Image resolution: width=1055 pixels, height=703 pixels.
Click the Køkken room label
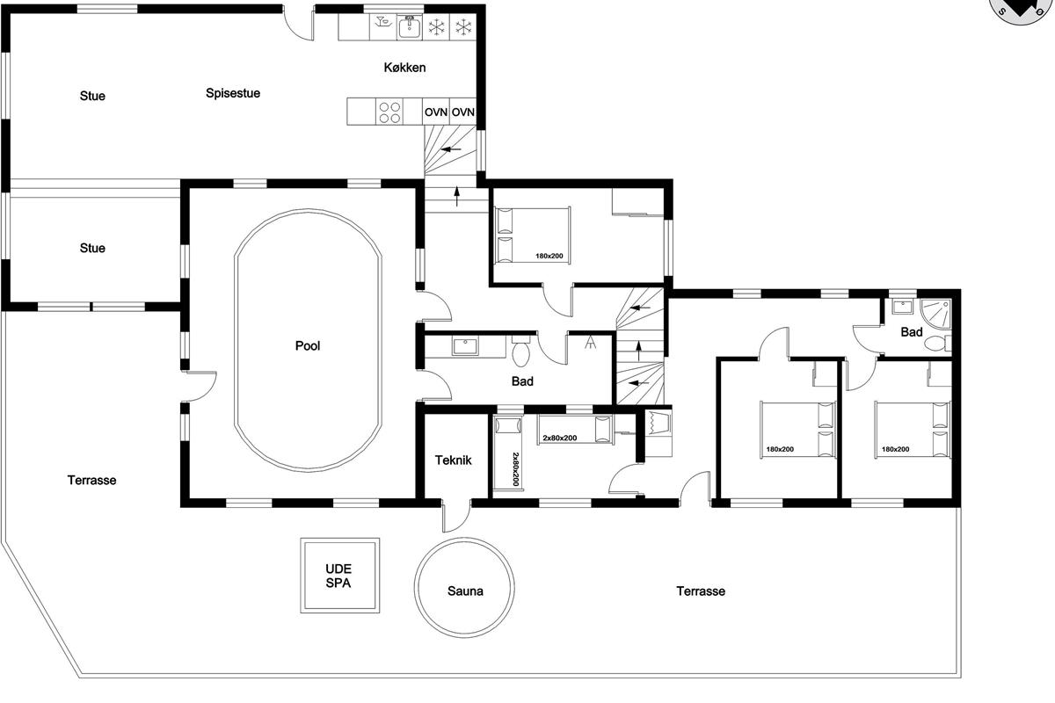pyautogui.click(x=404, y=68)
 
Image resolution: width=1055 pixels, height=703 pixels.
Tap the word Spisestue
pyautogui.click(x=233, y=93)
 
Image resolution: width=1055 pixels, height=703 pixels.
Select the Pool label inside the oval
pyautogui.click(x=308, y=346)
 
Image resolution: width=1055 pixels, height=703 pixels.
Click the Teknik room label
pyautogui.click(x=453, y=460)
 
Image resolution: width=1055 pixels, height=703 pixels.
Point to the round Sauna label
pyautogui.click(x=465, y=591)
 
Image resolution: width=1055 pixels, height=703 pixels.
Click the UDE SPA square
pyautogui.click(x=339, y=576)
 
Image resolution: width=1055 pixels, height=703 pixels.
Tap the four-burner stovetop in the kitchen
pyautogui.click(x=389, y=112)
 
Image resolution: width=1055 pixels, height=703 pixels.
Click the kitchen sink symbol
pyautogui.click(x=410, y=27)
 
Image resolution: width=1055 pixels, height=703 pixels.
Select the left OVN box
pyautogui.click(x=436, y=112)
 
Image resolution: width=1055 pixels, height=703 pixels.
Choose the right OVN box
pyautogui.click(x=463, y=112)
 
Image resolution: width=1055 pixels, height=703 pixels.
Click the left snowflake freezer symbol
pyautogui.click(x=437, y=27)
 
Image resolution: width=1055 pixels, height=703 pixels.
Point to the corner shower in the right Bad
pyautogui.click(x=935, y=314)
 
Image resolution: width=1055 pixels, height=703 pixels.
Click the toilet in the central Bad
pyautogui.click(x=520, y=351)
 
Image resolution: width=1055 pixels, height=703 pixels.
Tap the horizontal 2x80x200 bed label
pyautogui.click(x=559, y=438)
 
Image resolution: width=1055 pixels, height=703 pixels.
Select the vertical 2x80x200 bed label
pyautogui.click(x=516, y=469)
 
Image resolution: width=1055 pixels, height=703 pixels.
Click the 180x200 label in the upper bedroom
pyautogui.click(x=549, y=256)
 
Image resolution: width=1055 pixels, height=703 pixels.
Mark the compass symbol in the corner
pyautogui.click(x=1020, y=11)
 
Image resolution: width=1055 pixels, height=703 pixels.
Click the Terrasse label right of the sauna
pyautogui.click(x=701, y=591)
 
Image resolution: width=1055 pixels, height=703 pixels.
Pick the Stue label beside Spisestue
pyautogui.click(x=92, y=96)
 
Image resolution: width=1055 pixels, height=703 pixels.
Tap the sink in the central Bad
pyautogui.click(x=465, y=346)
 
